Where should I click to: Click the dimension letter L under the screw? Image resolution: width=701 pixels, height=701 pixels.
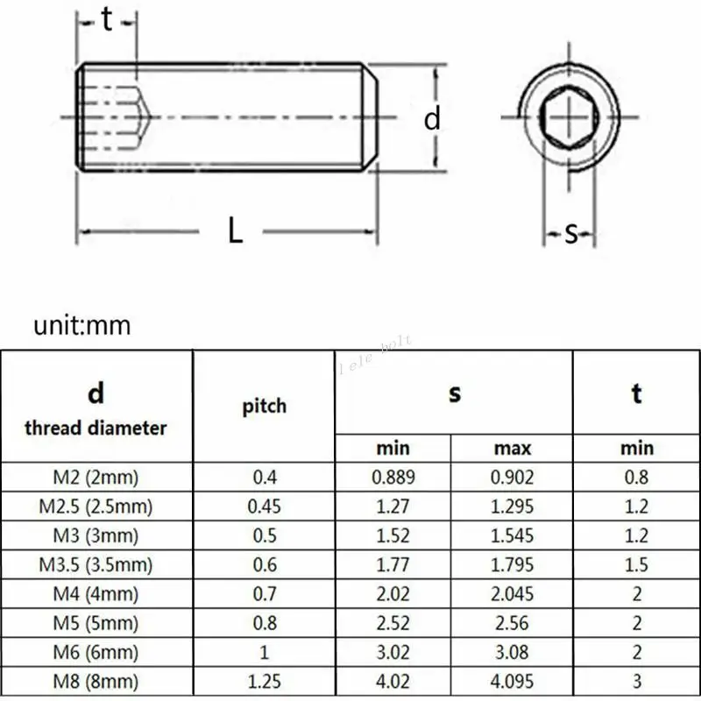(x=235, y=230)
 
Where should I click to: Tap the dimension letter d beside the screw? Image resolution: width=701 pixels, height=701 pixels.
(x=432, y=118)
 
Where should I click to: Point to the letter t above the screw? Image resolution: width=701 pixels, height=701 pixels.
(x=106, y=19)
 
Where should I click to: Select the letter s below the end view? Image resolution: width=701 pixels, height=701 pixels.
(x=571, y=233)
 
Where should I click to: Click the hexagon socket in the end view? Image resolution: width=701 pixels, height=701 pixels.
(x=569, y=117)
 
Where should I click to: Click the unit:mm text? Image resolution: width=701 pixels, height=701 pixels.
(x=82, y=325)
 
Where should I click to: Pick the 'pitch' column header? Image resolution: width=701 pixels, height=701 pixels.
(x=265, y=407)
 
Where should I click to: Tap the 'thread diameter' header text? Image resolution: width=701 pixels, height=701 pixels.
(x=96, y=428)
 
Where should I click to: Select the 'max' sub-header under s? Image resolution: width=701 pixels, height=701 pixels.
(x=513, y=449)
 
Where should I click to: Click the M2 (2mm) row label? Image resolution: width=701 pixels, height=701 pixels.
(x=96, y=478)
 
